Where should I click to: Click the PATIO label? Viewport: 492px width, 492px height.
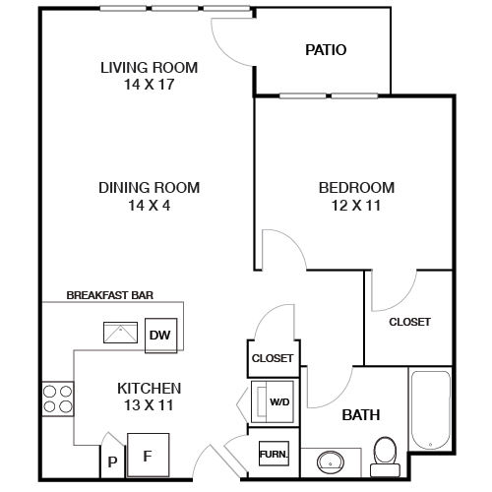pos(326,50)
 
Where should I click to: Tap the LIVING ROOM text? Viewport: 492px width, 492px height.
pos(150,68)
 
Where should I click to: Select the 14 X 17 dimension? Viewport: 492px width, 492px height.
pos(150,85)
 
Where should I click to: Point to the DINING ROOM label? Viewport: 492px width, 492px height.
pos(150,188)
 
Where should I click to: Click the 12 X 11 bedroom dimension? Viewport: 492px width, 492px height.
pos(356,206)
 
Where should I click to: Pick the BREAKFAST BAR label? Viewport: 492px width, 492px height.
pos(110,295)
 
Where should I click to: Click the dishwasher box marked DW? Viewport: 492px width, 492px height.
pos(160,336)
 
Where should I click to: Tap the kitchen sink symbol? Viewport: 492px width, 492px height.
pos(120,333)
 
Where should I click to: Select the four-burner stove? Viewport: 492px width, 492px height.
pos(58,399)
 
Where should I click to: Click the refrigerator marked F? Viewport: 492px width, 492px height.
pos(149,455)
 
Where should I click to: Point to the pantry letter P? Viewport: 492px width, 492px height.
pos(112,461)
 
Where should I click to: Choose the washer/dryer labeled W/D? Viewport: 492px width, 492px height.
pos(273,401)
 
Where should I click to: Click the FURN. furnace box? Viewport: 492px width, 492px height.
pos(274,454)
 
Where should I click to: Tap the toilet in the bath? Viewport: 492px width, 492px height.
pos(385,457)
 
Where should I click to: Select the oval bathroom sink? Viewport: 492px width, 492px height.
pos(331,461)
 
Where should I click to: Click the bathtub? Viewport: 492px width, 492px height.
pos(431,410)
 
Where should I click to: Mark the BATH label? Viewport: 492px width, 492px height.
pos(361,415)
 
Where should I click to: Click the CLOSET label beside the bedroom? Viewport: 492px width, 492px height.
pos(409,322)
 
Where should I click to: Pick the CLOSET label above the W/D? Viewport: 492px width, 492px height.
pos(273,358)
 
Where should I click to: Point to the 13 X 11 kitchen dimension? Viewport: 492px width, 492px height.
pos(149,405)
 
